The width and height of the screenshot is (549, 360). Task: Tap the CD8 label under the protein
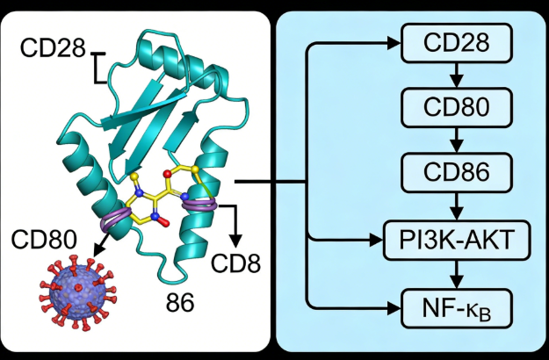(237, 263)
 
